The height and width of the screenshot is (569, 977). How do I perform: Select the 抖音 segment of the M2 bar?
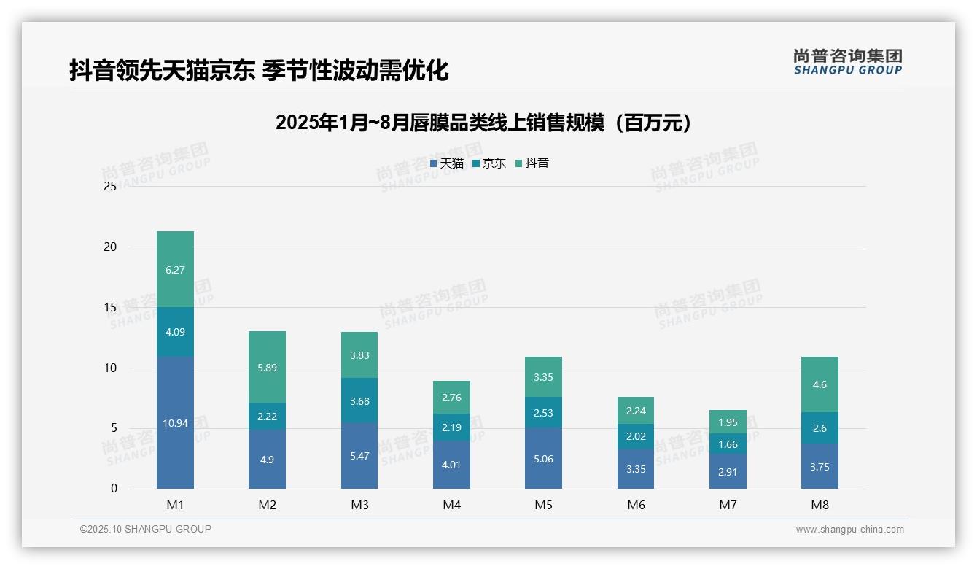(x=267, y=367)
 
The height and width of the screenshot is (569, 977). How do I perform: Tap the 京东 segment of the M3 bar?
(x=359, y=400)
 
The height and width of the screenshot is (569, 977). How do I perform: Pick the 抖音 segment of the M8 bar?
(x=820, y=384)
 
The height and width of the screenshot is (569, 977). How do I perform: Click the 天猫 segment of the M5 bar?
(x=543, y=458)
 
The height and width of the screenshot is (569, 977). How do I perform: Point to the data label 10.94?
(x=175, y=423)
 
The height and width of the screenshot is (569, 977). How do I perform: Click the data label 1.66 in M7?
(x=728, y=444)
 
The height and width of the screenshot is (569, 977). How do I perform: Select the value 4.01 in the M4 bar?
(x=451, y=465)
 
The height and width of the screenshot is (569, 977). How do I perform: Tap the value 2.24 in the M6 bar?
(x=636, y=411)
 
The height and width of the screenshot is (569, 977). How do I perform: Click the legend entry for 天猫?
(x=447, y=163)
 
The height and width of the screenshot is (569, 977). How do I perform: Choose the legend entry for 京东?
(x=489, y=163)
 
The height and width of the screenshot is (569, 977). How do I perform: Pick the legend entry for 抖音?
(x=532, y=163)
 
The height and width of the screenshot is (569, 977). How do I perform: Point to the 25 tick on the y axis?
(x=110, y=187)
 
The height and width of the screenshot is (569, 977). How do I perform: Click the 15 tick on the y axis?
(x=110, y=307)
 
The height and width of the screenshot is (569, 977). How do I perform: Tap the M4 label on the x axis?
(x=451, y=506)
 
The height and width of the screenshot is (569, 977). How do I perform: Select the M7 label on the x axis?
(x=728, y=506)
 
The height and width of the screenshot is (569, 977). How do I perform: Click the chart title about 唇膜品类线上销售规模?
(x=483, y=123)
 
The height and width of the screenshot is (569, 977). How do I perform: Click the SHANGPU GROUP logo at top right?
(x=847, y=62)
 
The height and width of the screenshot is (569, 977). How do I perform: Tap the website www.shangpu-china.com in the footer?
(x=849, y=530)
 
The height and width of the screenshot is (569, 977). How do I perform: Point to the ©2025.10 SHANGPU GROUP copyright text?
(x=146, y=529)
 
